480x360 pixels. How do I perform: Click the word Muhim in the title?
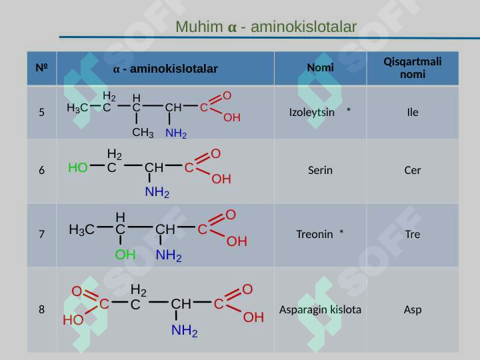[x=199, y=27]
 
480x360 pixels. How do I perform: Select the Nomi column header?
[x=320, y=67]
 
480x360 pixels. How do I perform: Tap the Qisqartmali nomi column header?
[x=413, y=67]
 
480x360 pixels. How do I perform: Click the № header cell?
[x=41, y=67]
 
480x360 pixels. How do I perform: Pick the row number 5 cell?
[x=41, y=112]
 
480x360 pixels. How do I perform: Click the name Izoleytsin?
[x=311, y=113]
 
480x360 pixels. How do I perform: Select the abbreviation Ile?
[x=413, y=113]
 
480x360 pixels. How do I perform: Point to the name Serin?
[x=320, y=170]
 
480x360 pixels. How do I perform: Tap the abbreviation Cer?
[x=413, y=170]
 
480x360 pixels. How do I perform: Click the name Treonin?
[x=315, y=234]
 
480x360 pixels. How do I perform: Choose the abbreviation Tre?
[x=413, y=234]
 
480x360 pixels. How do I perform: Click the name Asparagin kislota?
[x=320, y=309]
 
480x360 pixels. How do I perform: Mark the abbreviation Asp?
[x=413, y=310]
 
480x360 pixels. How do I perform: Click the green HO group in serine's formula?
[x=78, y=168]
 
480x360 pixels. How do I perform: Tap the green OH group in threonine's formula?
[x=125, y=255]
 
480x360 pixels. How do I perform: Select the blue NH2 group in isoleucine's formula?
[x=176, y=133]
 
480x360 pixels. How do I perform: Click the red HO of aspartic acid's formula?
[x=73, y=320]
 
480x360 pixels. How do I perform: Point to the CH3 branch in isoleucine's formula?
[x=143, y=133]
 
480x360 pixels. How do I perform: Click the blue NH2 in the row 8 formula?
[x=185, y=331]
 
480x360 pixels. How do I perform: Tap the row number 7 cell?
[x=41, y=234]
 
